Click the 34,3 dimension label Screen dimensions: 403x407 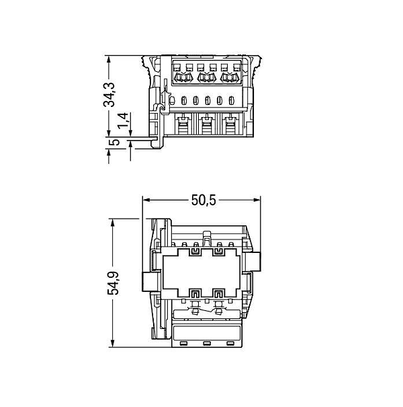109,95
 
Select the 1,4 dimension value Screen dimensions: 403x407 123,120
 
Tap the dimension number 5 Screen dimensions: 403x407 114,142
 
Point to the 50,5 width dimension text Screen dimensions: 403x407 204,200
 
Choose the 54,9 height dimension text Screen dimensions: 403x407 113,283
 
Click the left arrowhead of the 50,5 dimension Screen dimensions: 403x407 146,200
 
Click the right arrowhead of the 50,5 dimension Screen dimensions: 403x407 257,200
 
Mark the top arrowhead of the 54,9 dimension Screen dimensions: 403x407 112,223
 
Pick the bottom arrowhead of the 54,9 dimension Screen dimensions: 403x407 112,343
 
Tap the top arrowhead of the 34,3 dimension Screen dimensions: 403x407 109,59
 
